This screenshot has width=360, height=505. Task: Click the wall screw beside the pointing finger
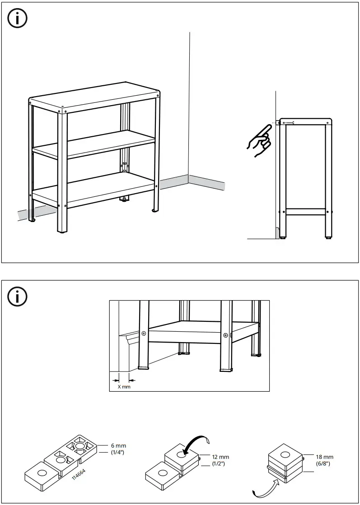pyautogui.click(x=288, y=122)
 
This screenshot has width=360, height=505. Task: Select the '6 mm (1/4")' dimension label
pyautogui.click(x=118, y=449)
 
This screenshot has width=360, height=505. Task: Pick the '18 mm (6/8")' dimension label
pyautogui.click(x=324, y=460)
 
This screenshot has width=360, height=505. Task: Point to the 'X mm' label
pyautogui.click(x=124, y=387)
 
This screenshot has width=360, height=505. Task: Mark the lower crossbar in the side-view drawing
pyautogui.click(x=306, y=211)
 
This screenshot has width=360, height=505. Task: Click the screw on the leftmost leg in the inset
pyautogui.click(x=144, y=334)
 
